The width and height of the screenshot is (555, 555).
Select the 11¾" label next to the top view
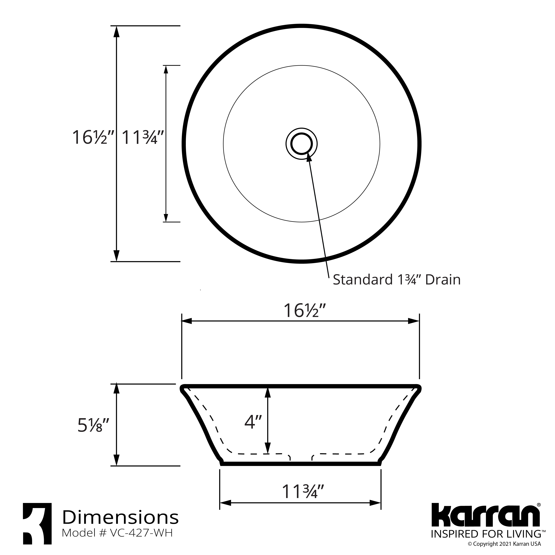[143, 137]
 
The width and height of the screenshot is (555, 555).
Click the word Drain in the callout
[443, 280]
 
